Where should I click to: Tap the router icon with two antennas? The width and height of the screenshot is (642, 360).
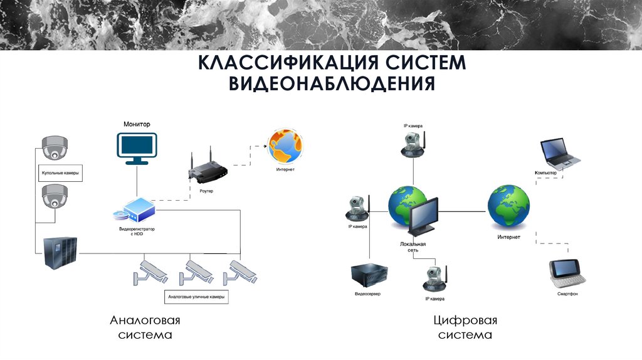pyautogui.click(x=206, y=170)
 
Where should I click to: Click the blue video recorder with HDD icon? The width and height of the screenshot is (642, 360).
pyautogui.click(x=137, y=211)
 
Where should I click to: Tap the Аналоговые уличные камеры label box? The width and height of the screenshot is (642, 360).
pyautogui.click(x=196, y=295)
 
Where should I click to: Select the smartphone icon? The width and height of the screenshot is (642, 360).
pyautogui.click(x=567, y=272)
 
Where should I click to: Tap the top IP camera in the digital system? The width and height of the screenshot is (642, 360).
pyautogui.click(x=414, y=144)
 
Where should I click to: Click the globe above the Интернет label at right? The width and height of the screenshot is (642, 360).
pyautogui.click(x=508, y=207)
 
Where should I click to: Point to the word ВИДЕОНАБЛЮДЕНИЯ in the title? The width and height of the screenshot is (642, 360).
pyautogui.click(x=332, y=83)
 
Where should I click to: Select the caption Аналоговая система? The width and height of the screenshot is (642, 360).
pyautogui.click(x=145, y=327)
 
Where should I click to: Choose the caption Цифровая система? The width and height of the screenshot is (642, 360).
pyautogui.click(x=466, y=327)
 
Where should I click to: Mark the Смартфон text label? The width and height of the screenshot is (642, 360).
pyautogui.click(x=567, y=294)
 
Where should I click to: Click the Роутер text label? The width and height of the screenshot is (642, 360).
pyautogui.click(x=206, y=191)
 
